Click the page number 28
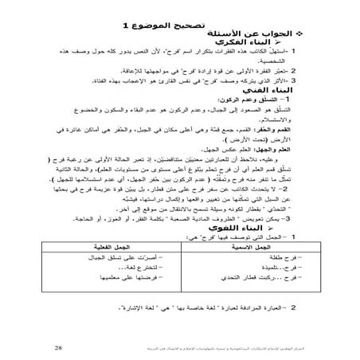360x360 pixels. pos(59,347)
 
